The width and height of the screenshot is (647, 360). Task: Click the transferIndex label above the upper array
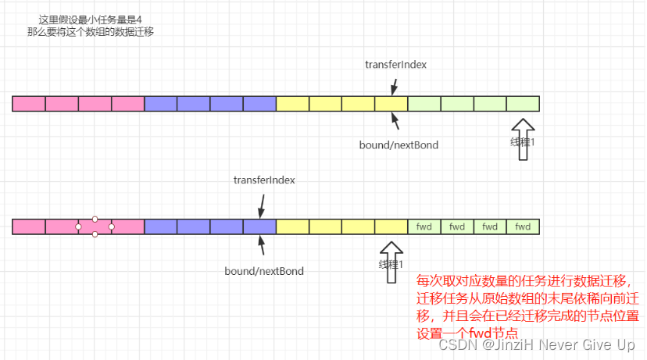[395, 65]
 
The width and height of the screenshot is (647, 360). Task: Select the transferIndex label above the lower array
[263, 180]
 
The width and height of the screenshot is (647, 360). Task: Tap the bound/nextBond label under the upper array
[399, 145]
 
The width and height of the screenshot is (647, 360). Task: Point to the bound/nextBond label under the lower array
[264, 271]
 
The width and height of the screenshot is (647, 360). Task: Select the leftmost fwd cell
[424, 227]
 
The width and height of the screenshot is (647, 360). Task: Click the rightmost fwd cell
[523, 227]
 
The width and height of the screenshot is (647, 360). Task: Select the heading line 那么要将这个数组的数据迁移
[93, 32]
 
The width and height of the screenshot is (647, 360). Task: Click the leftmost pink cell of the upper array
[29, 103]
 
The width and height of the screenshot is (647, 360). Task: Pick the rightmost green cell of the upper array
[523, 103]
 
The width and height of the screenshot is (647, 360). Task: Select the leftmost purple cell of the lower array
[161, 227]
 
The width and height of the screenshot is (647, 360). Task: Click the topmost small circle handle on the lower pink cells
[95, 219]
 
